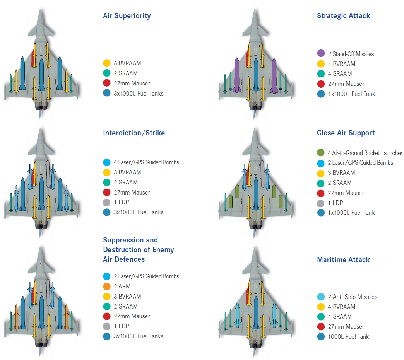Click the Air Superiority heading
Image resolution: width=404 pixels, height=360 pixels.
click(x=127, y=16)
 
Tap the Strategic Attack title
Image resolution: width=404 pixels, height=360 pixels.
click(x=343, y=16)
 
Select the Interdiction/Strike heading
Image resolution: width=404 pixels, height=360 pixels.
click(x=134, y=133)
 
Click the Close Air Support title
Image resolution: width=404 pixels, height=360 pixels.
click(x=346, y=133)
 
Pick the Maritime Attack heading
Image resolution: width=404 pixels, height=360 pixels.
click(x=343, y=260)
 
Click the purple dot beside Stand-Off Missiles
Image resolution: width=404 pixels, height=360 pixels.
click(x=321, y=54)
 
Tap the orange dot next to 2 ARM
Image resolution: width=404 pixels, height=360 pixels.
click(x=107, y=287)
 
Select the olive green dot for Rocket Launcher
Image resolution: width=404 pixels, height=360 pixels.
click(x=321, y=153)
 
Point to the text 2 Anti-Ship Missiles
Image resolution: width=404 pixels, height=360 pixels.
click(x=353, y=297)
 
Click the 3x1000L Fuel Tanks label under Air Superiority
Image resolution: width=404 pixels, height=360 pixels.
click(x=139, y=93)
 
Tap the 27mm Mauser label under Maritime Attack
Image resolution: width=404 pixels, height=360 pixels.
click(x=346, y=327)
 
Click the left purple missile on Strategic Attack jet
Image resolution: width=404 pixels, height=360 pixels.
click(x=237, y=75)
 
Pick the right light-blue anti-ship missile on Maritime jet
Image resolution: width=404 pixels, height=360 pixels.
click(x=274, y=313)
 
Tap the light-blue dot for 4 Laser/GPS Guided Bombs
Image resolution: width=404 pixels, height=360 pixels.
click(x=107, y=162)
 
